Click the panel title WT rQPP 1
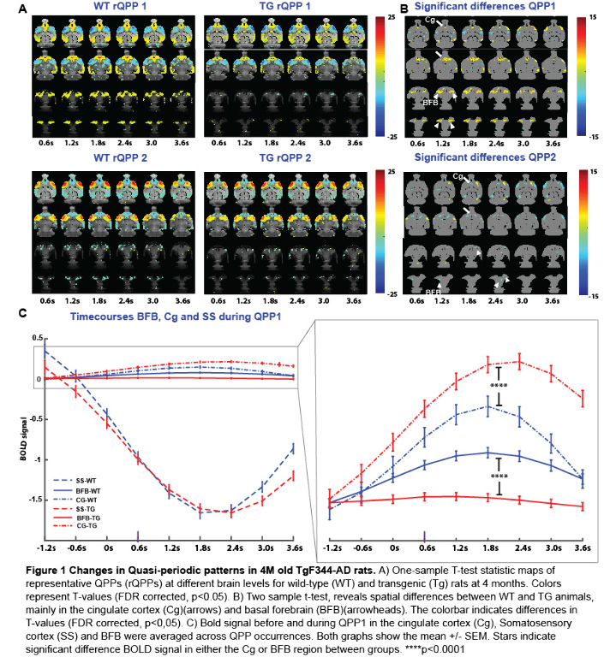(x=91, y=8)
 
